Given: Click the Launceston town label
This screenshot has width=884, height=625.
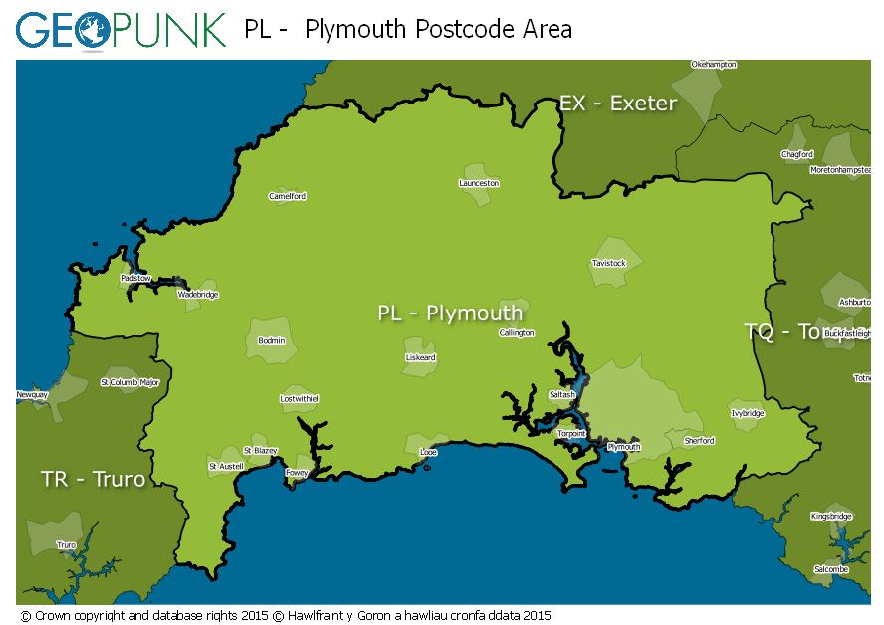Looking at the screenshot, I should pos(479,183).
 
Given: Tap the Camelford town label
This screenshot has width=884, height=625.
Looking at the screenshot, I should pos(288,196).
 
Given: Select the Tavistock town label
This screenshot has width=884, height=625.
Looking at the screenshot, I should pos(608,264).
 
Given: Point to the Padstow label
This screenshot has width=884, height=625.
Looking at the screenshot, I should pos(136,278).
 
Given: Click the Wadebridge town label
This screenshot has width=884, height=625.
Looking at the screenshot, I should pos(197,295).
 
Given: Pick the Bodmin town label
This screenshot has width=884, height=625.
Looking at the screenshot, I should pos(271,341).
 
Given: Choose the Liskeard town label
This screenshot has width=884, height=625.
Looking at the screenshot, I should pos(420,357).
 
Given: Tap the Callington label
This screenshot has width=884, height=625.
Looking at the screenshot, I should pos(517,333).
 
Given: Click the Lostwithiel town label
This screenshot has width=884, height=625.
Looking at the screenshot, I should pos(299,399).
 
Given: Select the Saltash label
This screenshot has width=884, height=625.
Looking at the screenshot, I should pos(562,395).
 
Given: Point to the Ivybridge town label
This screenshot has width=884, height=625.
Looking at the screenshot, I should pos(748,413).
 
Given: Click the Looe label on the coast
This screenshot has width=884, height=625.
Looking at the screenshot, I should pos(429,453).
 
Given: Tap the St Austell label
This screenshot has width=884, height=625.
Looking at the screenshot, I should pos(226,466).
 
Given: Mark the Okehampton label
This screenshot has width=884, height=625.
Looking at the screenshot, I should pos(714,65).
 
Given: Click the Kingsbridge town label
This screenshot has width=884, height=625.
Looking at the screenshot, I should pos(831,517).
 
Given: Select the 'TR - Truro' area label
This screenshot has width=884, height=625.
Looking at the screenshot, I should pos(93,480).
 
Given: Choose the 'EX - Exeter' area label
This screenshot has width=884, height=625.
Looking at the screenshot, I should pos(618,104).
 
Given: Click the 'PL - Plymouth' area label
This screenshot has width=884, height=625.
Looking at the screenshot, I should pos(450,313).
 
